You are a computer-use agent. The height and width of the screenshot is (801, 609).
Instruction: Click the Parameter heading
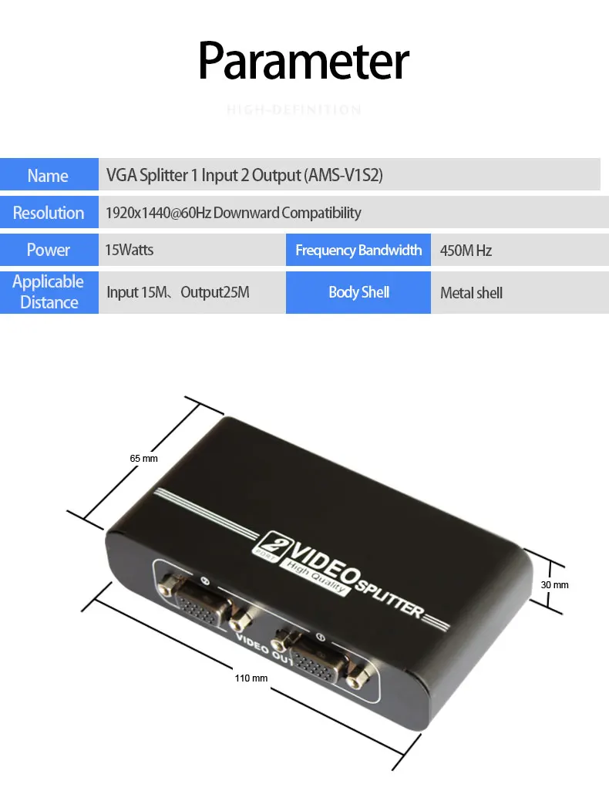304,61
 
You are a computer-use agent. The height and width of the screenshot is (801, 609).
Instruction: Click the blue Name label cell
49,176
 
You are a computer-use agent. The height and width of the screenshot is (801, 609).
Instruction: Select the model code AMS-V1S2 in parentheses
344,176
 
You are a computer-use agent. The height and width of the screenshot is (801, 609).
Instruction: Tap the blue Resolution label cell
49,213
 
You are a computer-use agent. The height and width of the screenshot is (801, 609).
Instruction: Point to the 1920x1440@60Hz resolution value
158,213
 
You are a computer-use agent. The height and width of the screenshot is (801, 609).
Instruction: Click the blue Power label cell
49,250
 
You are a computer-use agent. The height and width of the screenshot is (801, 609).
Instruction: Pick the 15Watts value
130,250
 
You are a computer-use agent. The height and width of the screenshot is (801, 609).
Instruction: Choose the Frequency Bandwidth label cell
358,250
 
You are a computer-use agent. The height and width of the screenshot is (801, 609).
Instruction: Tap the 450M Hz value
466,251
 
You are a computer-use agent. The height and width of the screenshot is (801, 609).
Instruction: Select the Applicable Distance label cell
49,292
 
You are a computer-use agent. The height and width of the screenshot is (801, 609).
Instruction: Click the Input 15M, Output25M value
178,293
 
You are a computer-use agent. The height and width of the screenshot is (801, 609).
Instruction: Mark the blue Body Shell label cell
358,292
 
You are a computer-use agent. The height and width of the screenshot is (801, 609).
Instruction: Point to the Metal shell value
471,293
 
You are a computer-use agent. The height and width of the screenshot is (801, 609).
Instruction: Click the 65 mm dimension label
143,459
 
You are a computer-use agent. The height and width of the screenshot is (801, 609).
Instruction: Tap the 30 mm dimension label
554,585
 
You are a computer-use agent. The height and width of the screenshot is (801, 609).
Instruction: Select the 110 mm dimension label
251,678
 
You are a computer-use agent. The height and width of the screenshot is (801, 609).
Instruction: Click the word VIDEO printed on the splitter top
322,560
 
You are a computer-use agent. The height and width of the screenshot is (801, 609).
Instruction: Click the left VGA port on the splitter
202,604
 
